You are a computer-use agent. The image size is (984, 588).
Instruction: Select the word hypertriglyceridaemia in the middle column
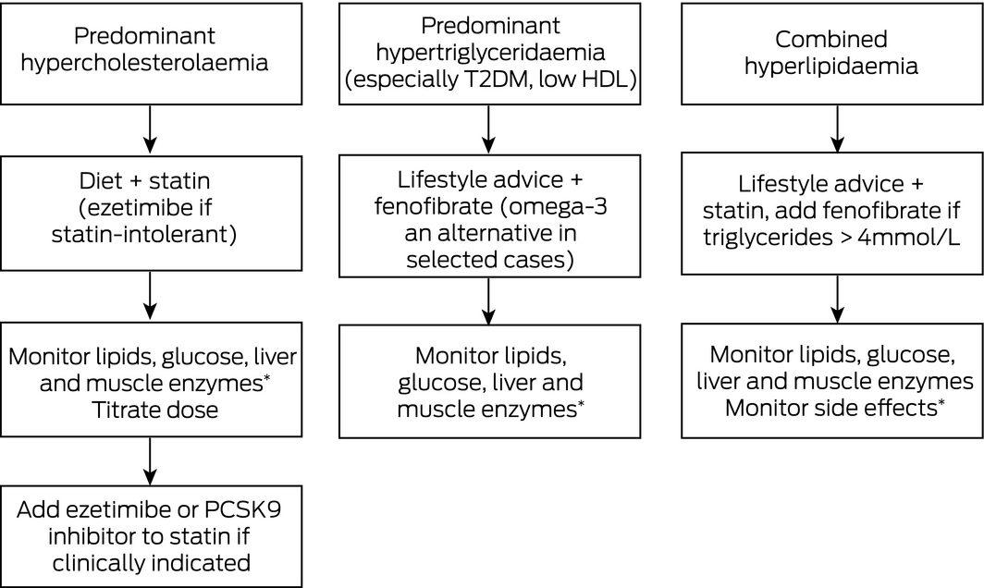(x=490, y=53)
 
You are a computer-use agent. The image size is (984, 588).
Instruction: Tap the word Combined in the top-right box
(x=830, y=39)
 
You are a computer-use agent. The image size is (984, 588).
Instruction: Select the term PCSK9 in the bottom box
(x=242, y=509)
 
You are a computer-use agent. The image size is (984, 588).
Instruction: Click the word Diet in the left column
(x=99, y=180)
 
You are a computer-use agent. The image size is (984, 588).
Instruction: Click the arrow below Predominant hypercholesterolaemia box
(x=150, y=129)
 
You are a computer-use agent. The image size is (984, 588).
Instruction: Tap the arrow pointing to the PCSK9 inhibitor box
(x=150, y=461)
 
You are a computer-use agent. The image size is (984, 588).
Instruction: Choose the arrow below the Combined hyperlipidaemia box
(x=837, y=129)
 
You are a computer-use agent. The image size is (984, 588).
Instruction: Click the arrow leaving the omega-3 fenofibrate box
(x=488, y=301)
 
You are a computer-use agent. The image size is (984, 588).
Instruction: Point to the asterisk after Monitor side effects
(x=941, y=401)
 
